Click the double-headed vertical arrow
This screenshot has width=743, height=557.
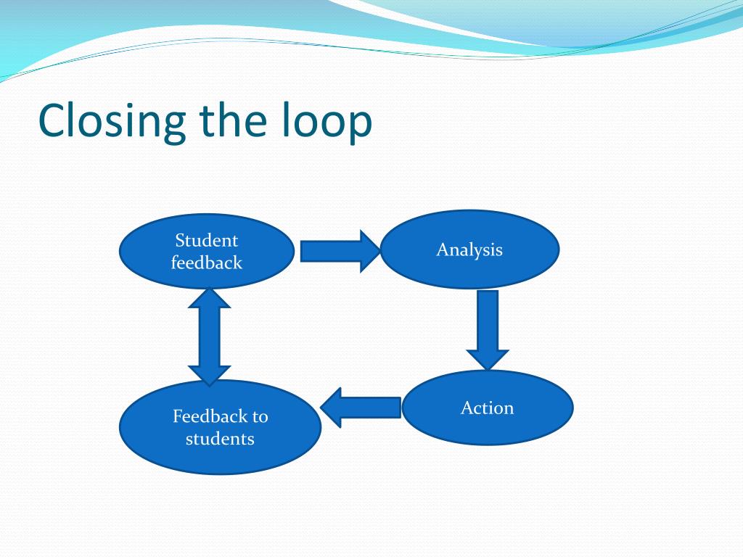pos(209,337)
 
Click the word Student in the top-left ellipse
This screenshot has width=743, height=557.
pos(207,241)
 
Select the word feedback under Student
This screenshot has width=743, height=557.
pos(207,263)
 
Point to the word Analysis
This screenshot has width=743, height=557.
pos(469,250)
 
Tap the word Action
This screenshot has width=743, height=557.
pos(487,408)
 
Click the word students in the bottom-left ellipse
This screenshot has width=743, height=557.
pos(220,439)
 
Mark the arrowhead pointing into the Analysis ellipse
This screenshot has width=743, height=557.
pos(366,252)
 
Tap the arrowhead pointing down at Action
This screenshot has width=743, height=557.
pos(488,358)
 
